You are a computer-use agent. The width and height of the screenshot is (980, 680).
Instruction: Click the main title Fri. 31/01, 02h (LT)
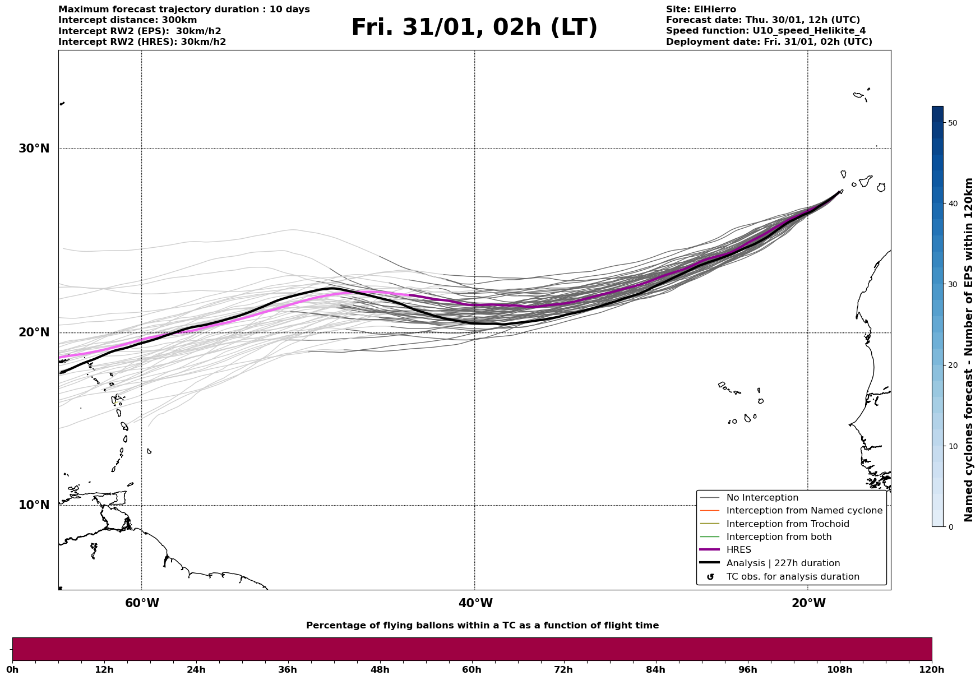[x=474, y=27]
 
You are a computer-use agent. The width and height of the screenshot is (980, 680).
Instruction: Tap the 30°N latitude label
[x=34, y=149]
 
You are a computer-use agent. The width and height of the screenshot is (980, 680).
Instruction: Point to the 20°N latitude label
[x=34, y=332]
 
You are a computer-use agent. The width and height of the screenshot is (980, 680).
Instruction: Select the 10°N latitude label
[x=34, y=505]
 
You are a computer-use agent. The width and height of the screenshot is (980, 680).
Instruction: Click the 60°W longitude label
[x=142, y=603]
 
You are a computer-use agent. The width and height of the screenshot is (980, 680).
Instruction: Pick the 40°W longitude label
[x=475, y=603]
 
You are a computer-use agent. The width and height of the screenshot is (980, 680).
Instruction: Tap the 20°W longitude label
[x=808, y=603]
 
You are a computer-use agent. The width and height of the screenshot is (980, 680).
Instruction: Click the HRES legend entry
[x=738, y=550]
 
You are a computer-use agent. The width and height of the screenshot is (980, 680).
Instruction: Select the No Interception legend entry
[x=762, y=498]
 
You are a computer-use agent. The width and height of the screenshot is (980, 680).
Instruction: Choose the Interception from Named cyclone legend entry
[x=804, y=511]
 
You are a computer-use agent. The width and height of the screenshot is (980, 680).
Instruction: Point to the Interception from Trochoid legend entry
[x=787, y=524]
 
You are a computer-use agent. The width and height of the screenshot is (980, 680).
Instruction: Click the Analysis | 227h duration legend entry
[x=783, y=563]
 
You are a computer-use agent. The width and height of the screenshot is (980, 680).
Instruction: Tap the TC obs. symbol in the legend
[x=710, y=577]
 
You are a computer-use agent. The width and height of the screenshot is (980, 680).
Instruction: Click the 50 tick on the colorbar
[x=952, y=123]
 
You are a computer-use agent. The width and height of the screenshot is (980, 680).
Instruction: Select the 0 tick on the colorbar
[x=950, y=527]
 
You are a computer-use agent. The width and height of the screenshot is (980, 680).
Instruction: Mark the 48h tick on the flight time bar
[x=380, y=669]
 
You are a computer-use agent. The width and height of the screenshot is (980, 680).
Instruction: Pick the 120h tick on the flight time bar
[x=931, y=669]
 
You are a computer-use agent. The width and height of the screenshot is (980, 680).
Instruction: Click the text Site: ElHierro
[x=701, y=10]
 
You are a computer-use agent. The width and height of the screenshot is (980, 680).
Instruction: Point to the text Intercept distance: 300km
[x=128, y=20]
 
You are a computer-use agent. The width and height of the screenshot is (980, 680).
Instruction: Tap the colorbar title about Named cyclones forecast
[x=969, y=350]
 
